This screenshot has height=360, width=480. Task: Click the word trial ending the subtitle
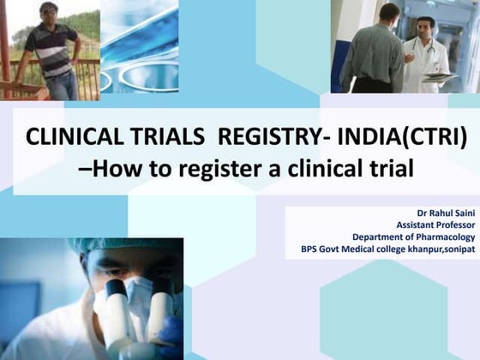click(x=390, y=168)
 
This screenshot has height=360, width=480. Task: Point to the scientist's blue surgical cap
click(x=120, y=248)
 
